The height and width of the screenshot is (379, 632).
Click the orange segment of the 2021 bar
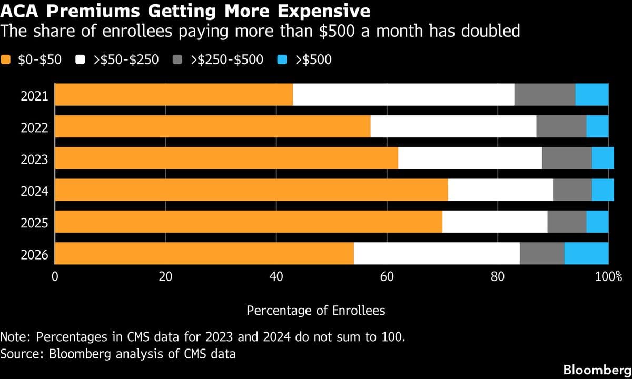pyautogui.click(x=174, y=95)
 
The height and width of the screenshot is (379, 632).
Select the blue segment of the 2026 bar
pyautogui.click(x=586, y=254)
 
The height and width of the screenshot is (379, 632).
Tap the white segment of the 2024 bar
pyautogui.click(x=500, y=190)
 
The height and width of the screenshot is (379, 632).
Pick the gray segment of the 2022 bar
pyautogui.click(x=561, y=126)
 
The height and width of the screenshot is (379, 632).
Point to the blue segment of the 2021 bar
pyautogui.click(x=591, y=95)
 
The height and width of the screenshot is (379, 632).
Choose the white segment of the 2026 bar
pyautogui.click(x=437, y=254)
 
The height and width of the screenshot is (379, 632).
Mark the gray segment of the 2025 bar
pyautogui.click(x=567, y=222)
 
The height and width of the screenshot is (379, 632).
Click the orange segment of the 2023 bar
pyautogui.click(x=226, y=158)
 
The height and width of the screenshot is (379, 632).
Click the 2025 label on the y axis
pyautogui.click(x=34, y=223)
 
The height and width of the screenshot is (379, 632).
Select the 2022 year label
pyautogui.click(x=34, y=127)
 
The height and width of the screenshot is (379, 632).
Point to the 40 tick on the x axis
pyautogui.click(x=276, y=277)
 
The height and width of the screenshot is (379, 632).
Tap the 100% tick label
pyautogui.click(x=608, y=277)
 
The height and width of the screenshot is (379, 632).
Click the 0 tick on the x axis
pyautogui.click(x=55, y=277)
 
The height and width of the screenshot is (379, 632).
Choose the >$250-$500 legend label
pyautogui.click(x=226, y=59)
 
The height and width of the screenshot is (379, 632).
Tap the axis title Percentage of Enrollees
pyautogui.click(x=315, y=311)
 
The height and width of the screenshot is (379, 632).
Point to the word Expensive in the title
pyautogui.click(x=318, y=11)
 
